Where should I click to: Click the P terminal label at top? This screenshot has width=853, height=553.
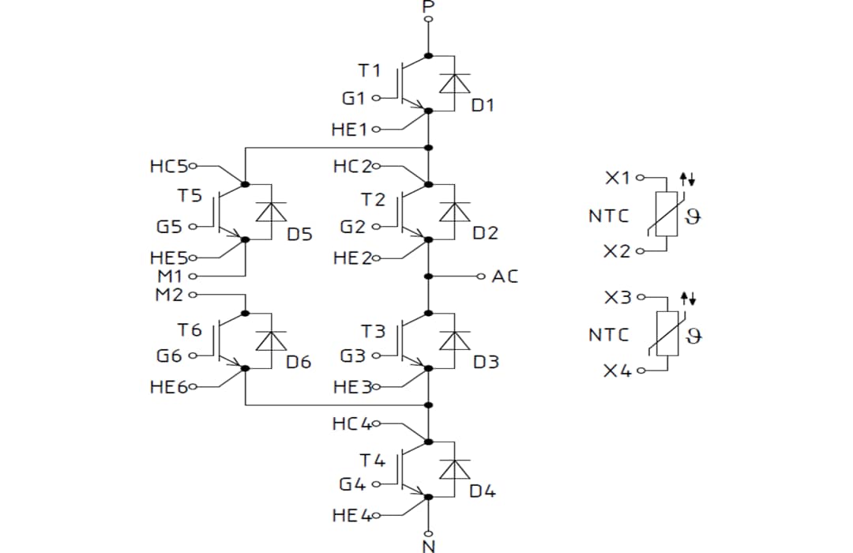coord(429,6)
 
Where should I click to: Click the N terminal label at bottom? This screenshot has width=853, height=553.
coord(429,546)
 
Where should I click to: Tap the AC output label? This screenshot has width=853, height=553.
coord(505,276)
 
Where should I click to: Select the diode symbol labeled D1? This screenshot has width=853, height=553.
coord(454,83)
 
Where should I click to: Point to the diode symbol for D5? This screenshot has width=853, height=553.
coord(271,212)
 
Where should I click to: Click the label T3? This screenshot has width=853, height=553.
coord(373,331)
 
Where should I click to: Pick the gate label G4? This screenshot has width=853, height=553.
coord(352,484)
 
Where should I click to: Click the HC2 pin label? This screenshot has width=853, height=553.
coord(351,167)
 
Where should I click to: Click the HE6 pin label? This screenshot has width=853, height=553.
coord(168,388)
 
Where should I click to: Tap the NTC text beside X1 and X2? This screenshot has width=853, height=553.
coord(609,215)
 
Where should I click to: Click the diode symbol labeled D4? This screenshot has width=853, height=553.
coord(454,469)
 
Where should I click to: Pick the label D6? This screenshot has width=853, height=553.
coord(299,363)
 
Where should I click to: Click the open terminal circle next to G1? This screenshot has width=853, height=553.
coord(376,99)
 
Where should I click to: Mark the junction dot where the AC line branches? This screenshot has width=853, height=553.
coord(429,276)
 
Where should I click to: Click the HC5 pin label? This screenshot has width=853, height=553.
coord(168,167)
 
